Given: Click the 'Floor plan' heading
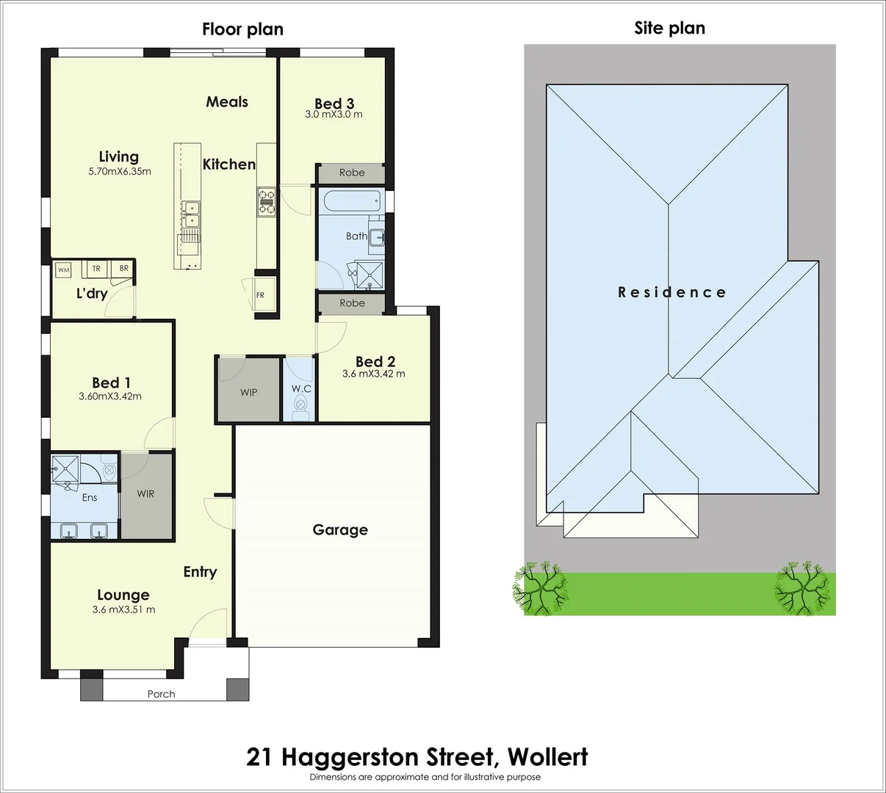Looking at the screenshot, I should [x=242, y=29].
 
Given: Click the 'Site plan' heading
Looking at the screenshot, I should [x=669, y=29].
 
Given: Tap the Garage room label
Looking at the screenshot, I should [x=340, y=529].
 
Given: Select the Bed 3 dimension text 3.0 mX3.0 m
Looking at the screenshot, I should [x=334, y=115].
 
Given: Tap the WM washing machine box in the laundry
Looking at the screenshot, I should [x=64, y=270].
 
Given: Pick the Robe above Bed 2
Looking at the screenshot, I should [x=352, y=303].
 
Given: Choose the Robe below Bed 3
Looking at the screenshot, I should [x=352, y=173].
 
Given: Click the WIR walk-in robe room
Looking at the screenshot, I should [x=145, y=494].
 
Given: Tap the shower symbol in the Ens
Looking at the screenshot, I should [x=64, y=468].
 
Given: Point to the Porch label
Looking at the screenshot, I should [x=161, y=694].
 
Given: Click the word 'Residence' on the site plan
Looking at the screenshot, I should [x=671, y=292].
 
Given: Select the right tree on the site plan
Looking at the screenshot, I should [x=804, y=587].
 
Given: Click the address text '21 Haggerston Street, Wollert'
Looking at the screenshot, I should [x=417, y=756].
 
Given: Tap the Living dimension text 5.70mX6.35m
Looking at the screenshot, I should [x=119, y=172].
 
